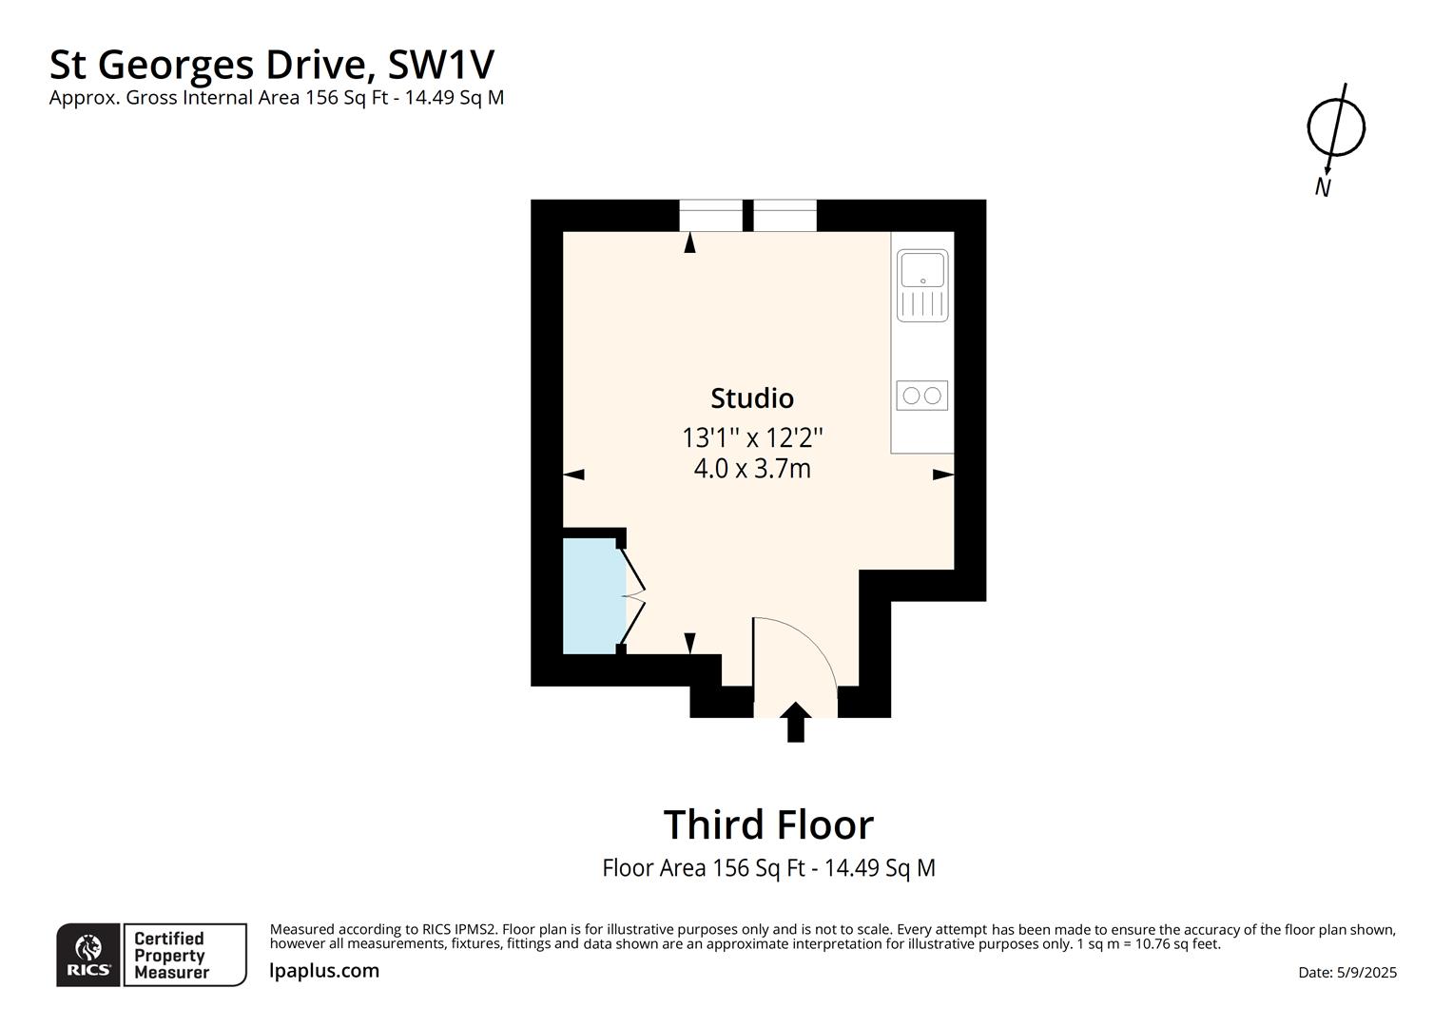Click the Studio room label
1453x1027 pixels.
tap(751, 397)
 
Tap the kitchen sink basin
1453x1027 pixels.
tap(921, 269)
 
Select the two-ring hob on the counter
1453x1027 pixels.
tap(921, 395)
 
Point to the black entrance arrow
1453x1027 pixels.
tap(795, 722)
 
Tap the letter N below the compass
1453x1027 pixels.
tap(1323, 187)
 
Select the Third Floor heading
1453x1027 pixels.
tap(767, 824)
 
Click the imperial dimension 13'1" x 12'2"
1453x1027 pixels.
tap(751, 438)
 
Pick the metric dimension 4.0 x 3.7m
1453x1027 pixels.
tap(751, 469)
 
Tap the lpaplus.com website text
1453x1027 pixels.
tap(324, 971)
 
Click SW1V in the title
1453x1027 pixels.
tap(441, 65)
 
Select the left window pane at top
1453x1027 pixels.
tap(711, 216)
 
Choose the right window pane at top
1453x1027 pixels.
tap(785, 216)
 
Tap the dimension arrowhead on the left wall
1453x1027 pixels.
tap(574, 475)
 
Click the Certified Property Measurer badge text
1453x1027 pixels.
tap(170, 956)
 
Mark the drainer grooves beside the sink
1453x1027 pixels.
tap(921, 304)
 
